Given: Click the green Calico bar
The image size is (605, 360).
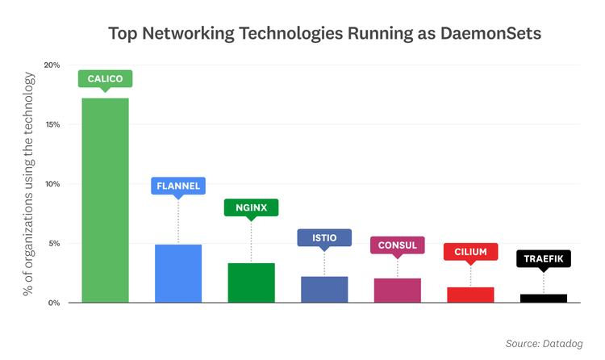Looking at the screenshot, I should click(x=105, y=200).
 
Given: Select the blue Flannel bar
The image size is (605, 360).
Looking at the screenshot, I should click(x=178, y=273).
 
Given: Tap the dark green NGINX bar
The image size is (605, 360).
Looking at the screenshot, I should click(x=251, y=283).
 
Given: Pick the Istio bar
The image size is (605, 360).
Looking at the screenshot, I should click(x=324, y=289).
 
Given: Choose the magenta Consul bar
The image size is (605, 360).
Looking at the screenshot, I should click(x=397, y=290).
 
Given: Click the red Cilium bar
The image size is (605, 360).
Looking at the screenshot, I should click(x=470, y=295).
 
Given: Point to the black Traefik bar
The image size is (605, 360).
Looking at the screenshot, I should click(x=543, y=298).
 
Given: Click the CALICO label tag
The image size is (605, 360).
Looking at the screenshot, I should click(x=105, y=78).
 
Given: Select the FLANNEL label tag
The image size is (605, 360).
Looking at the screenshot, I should click(x=178, y=186).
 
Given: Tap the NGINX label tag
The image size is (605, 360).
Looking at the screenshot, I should click(x=251, y=207).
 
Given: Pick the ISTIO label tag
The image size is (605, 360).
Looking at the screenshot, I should click(x=324, y=237).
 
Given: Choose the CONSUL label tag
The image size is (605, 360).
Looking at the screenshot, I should click(x=397, y=245).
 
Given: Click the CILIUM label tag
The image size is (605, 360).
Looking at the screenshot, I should click(x=470, y=252).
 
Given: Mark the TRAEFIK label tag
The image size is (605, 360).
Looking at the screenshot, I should click(x=543, y=259).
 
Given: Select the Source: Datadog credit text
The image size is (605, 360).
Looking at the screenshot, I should click(x=544, y=344).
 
